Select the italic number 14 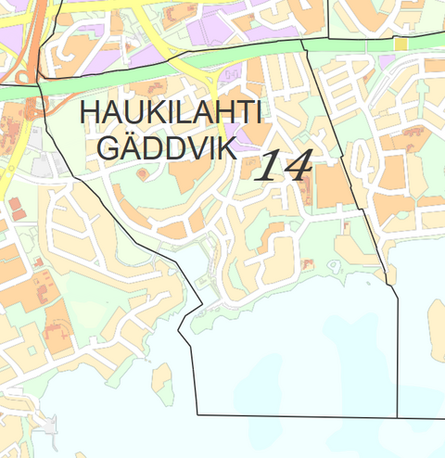282,165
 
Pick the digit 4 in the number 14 298,165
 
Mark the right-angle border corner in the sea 198,413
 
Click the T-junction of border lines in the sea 398,416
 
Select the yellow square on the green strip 400,45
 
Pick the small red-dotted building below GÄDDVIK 141,172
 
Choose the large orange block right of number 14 329,184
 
